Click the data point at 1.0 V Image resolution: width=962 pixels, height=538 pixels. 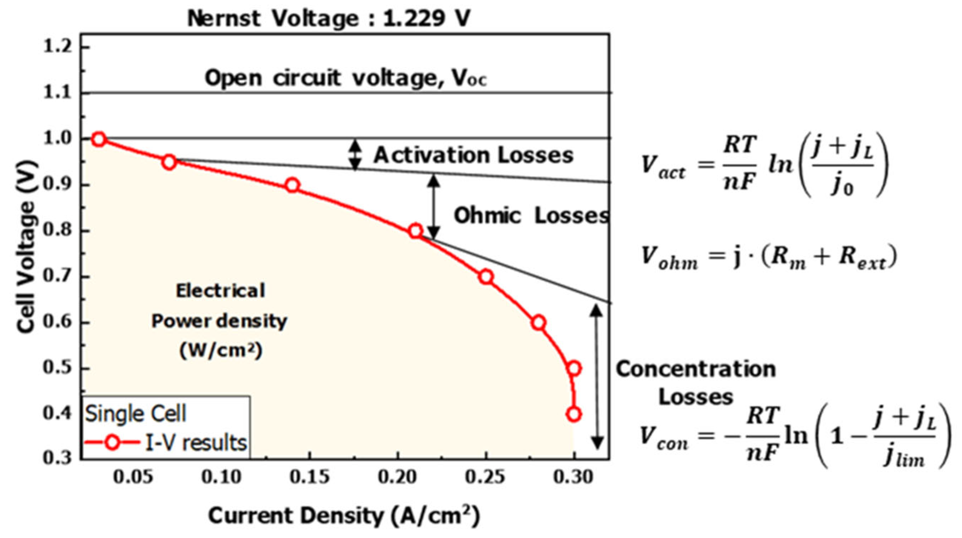99,139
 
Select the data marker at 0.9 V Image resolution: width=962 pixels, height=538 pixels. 292,185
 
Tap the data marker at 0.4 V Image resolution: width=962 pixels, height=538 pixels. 574,414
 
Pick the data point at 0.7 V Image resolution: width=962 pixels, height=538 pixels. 486,277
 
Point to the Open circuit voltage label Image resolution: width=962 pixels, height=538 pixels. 346,78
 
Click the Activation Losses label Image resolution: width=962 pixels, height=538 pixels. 474,155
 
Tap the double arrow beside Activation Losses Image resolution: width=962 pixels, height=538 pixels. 355,155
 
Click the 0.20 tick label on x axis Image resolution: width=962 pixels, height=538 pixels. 398,477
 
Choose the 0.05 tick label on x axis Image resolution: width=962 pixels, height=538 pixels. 133,477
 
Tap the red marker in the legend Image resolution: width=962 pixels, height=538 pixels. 112,443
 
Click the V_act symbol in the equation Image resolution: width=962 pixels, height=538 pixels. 663,166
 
